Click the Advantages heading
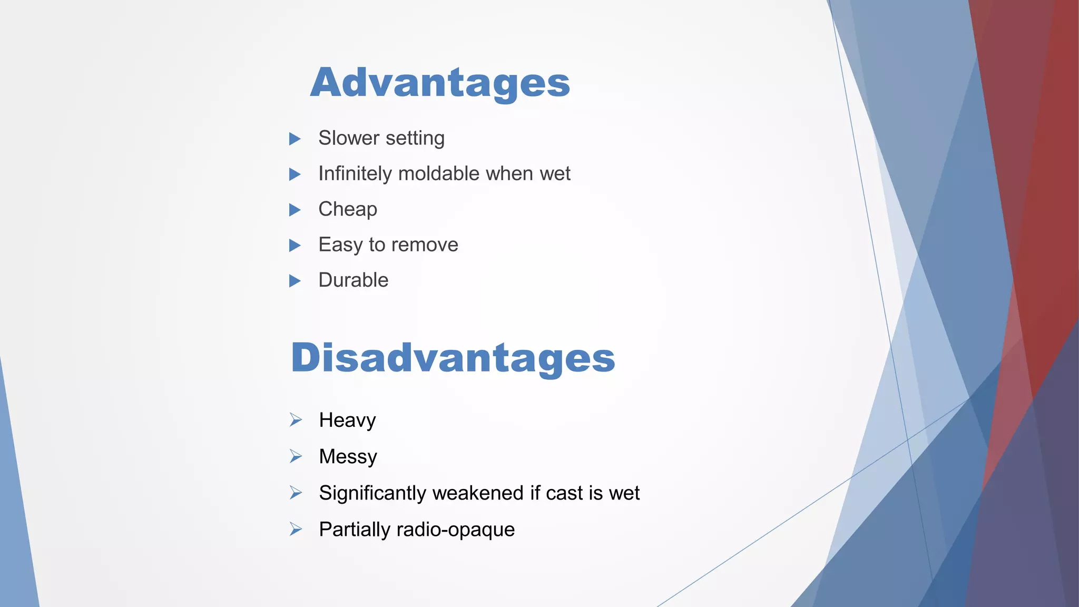click(440, 83)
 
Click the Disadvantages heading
click(453, 358)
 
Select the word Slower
click(349, 138)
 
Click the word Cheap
click(348, 209)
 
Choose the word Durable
click(354, 280)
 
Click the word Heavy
click(347, 420)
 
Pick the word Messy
click(348, 457)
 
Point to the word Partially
click(355, 530)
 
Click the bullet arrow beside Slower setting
click(295, 139)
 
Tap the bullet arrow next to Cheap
click(295, 210)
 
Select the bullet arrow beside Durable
click(295, 281)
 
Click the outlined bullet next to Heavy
click(296, 420)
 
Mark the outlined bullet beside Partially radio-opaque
click(296, 529)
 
